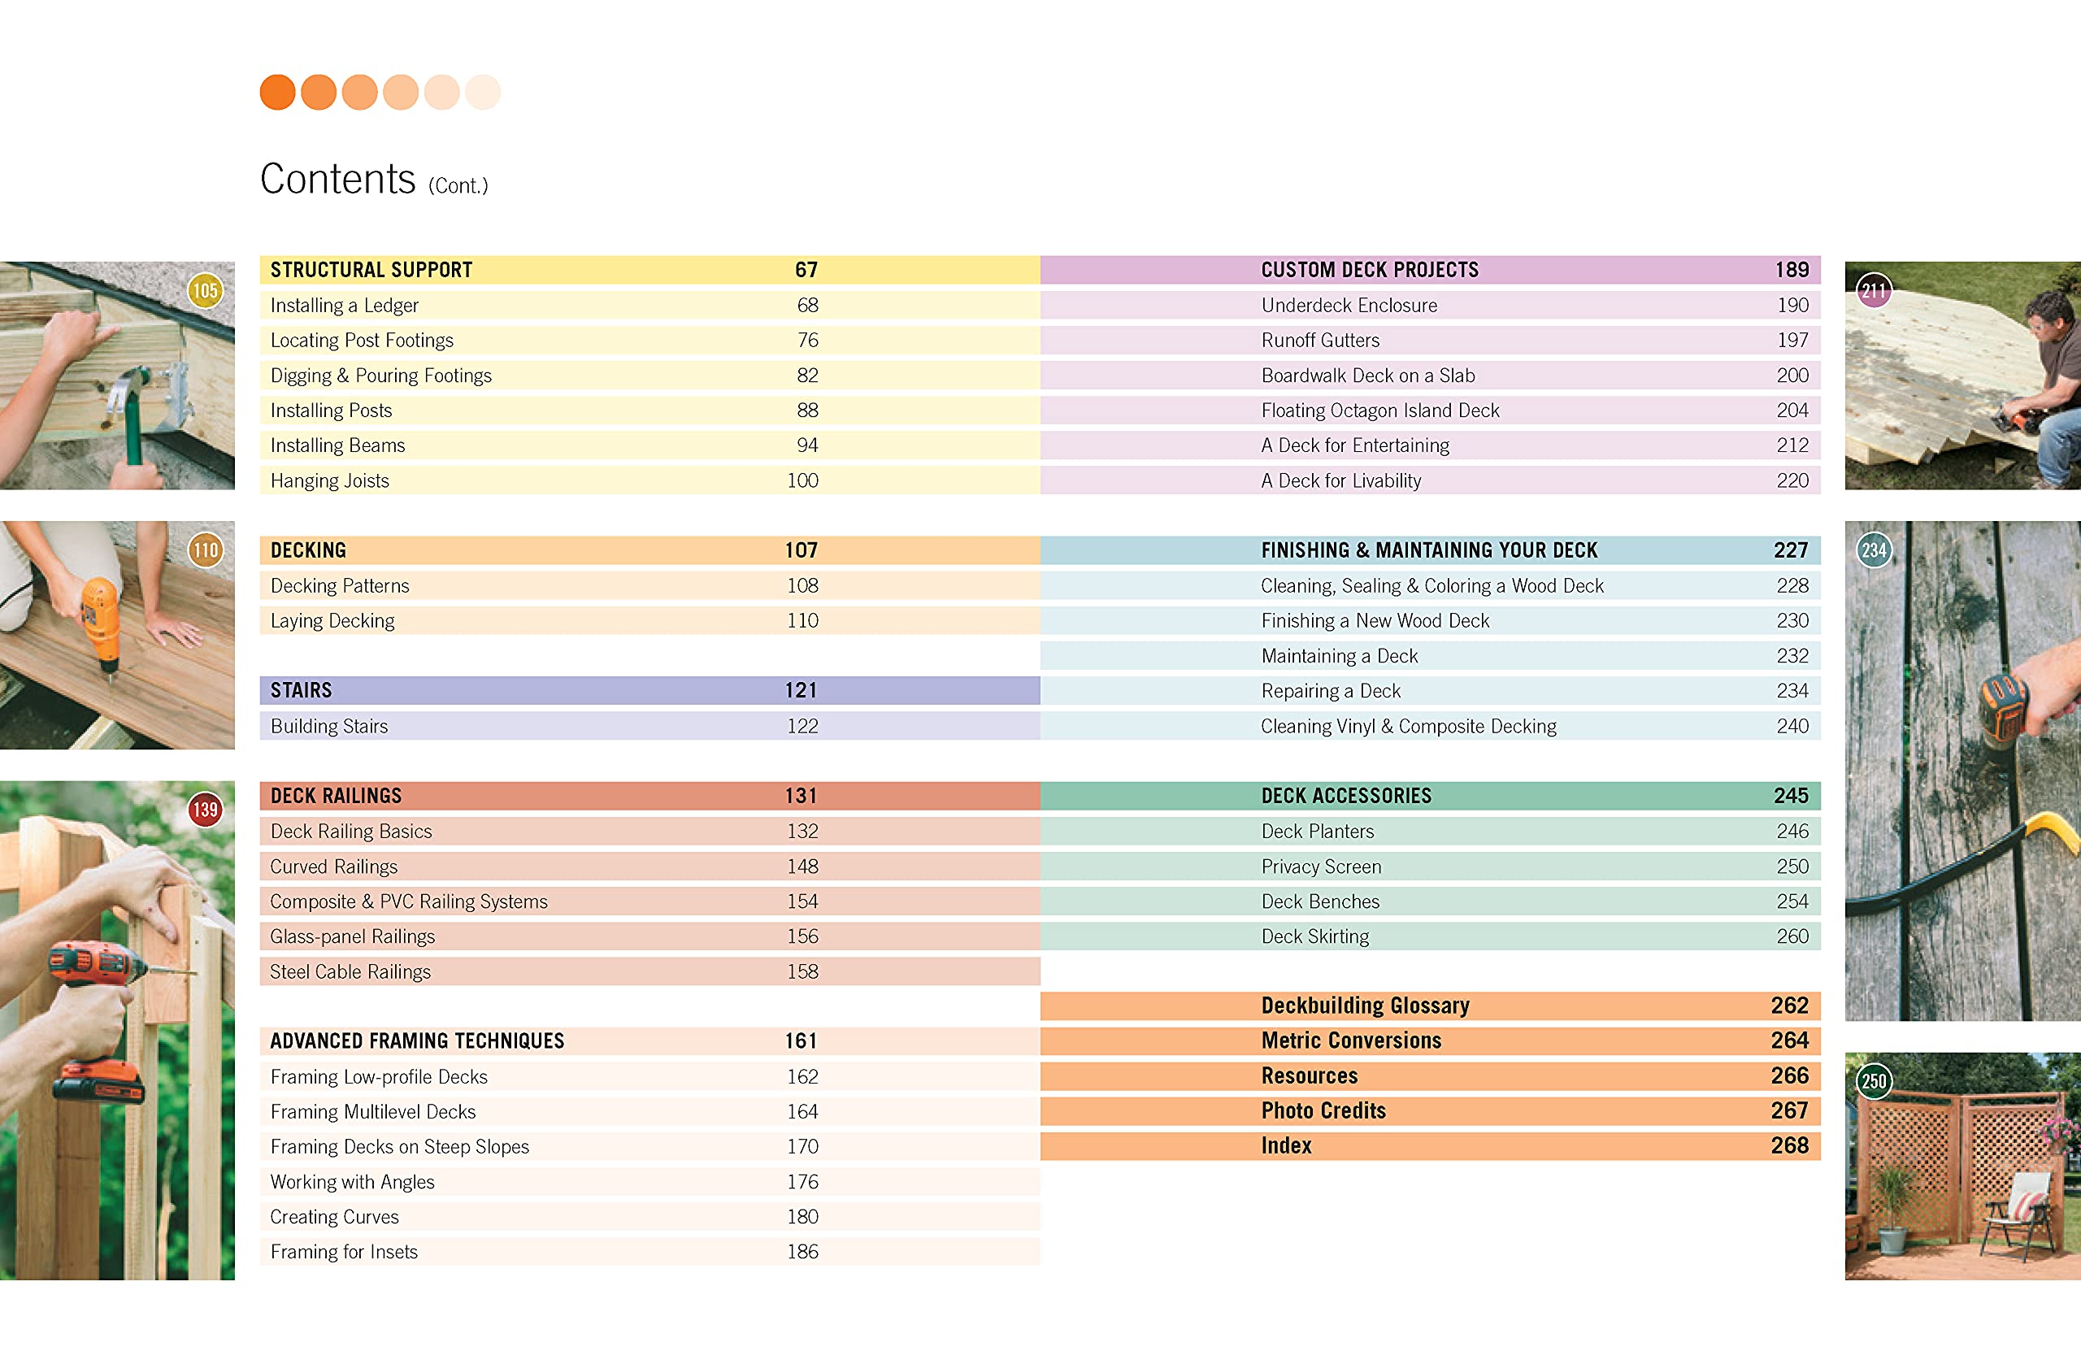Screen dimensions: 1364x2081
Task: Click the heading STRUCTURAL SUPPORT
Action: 371,270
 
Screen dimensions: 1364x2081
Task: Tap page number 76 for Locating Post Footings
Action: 807,340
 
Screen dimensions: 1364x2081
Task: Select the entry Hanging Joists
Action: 330,481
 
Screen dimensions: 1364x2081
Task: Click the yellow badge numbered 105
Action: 205,291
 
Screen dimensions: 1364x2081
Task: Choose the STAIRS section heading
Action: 301,691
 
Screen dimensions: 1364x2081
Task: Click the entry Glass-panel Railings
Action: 352,936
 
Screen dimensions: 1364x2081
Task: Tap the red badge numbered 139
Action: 205,810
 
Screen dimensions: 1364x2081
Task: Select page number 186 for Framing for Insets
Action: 802,1252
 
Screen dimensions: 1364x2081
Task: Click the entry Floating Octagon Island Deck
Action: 1379,411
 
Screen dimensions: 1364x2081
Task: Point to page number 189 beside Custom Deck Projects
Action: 1792,270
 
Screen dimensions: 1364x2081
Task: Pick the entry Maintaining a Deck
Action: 1340,656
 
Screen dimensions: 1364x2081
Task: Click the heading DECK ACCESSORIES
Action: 1345,796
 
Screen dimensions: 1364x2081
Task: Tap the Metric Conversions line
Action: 1351,1040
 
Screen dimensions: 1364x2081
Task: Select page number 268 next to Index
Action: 1789,1145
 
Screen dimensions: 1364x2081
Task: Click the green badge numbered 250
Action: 1874,1082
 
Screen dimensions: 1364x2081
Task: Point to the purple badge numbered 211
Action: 1874,291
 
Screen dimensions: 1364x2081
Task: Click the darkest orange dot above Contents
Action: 277,93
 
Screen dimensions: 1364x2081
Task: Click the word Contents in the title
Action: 337,180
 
